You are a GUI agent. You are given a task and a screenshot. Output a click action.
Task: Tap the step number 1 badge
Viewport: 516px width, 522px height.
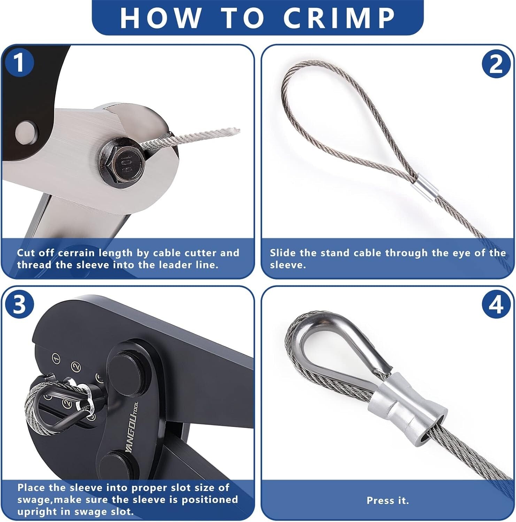point(19,63)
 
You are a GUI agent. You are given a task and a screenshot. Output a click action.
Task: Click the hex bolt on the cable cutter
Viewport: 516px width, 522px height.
point(120,159)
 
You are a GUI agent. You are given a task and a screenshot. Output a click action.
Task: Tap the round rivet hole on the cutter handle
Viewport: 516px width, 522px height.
point(26,133)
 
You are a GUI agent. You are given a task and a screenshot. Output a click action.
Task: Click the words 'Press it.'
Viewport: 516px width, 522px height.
point(387,500)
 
